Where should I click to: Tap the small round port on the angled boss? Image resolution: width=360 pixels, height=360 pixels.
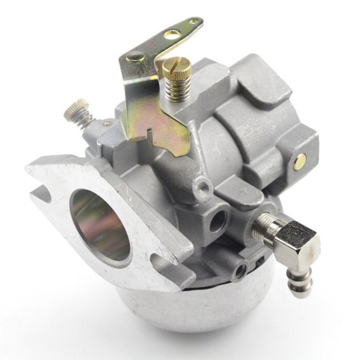tap(205, 189)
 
